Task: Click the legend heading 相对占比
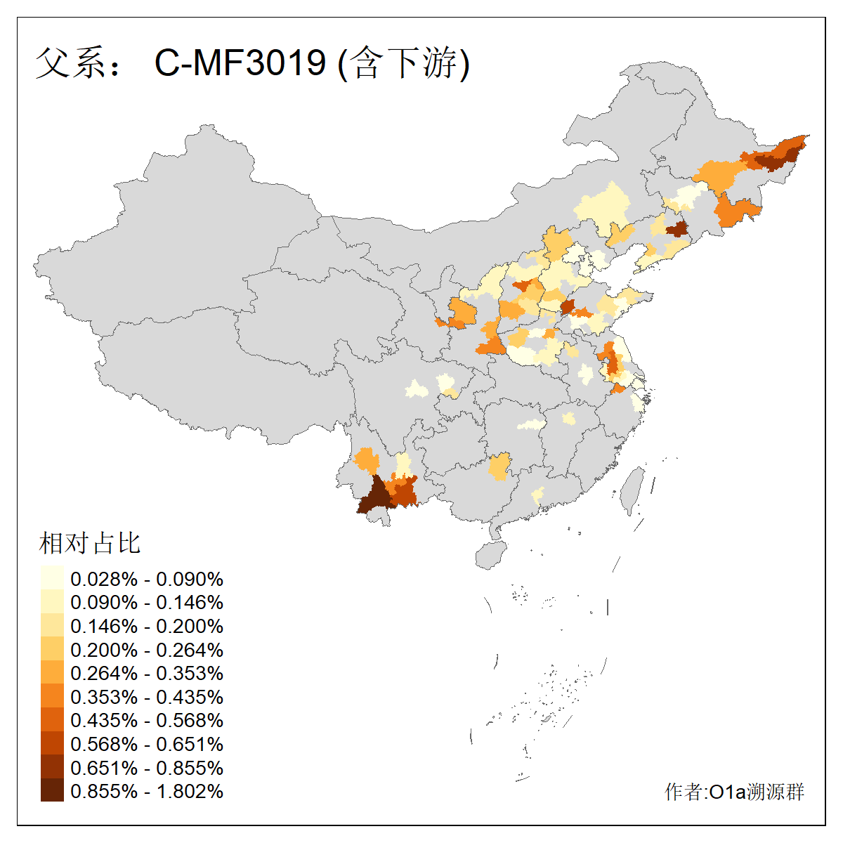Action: [x=90, y=543]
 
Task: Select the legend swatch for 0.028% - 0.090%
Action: [x=52, y=579]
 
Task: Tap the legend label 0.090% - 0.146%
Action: [x=147, y=603]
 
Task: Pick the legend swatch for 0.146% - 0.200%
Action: [x=52, y=626]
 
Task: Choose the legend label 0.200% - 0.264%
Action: [x=147, y=650]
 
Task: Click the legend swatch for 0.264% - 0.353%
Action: [x=52, y=673]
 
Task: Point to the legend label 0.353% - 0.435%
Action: [x=147, y=697]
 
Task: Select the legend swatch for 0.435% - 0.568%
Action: [x=52, y=720]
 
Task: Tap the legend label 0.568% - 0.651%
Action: [x=147, y=744]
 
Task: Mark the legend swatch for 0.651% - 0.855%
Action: [x=52, y=767]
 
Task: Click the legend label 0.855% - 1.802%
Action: [x=147, y=791]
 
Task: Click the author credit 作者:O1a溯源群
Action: [x=734, y=792]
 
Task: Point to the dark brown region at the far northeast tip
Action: [x=773, y=158]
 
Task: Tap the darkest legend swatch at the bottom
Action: [x=52, y=791]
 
